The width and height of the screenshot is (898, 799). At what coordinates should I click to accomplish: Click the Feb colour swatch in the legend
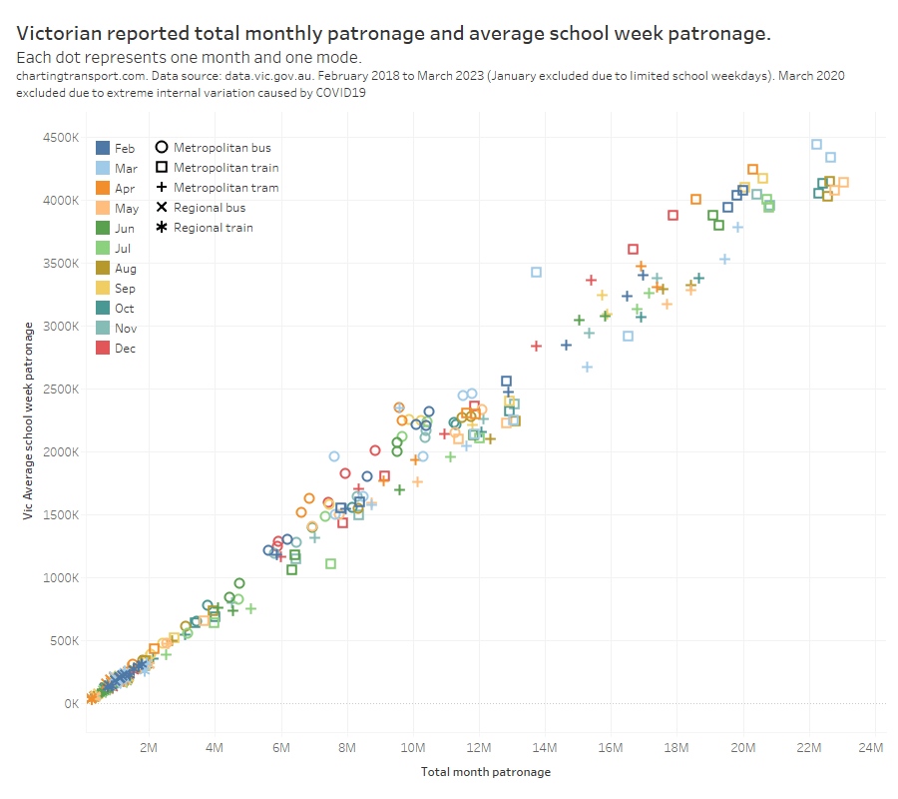pos(103,148)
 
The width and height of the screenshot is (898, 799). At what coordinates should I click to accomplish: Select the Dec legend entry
pos(125,349)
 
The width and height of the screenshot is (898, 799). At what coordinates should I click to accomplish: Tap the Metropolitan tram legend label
pos(225,188)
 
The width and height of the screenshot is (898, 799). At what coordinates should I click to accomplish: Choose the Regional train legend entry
pos(213,228)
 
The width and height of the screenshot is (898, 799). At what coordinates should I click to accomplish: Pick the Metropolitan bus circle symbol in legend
pos(161,148)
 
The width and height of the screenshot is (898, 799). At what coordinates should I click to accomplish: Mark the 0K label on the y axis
pos(71,704)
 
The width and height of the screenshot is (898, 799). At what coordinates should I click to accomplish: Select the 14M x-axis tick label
pos(545,748)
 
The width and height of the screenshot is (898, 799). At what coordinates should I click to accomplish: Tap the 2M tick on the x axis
pos(150,748)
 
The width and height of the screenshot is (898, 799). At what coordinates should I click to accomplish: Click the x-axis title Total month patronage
pos(485,772)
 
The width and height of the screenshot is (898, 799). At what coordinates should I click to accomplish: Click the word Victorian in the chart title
pos(61,34)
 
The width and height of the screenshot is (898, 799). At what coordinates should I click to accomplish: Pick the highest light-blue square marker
pos(816,144)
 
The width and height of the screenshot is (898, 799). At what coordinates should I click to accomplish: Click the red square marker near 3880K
pos(673,215)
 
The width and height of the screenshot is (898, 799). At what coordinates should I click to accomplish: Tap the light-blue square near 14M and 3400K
pos(536,272)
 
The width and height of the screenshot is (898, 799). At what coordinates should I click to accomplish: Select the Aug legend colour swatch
pos(103,269)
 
